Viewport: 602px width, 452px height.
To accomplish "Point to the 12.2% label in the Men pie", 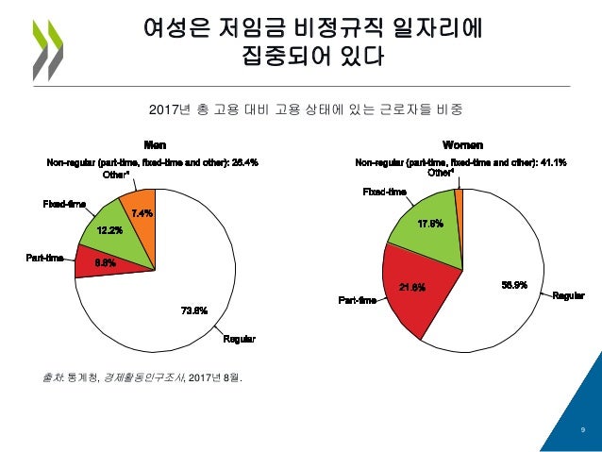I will pos(109,230).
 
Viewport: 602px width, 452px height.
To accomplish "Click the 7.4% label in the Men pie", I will pos(142,212).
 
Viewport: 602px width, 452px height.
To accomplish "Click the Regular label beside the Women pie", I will pos(569,297).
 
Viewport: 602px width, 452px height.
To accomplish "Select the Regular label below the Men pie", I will pos(240,339).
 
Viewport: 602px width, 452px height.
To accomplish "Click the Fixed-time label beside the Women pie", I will pos(385,193).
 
